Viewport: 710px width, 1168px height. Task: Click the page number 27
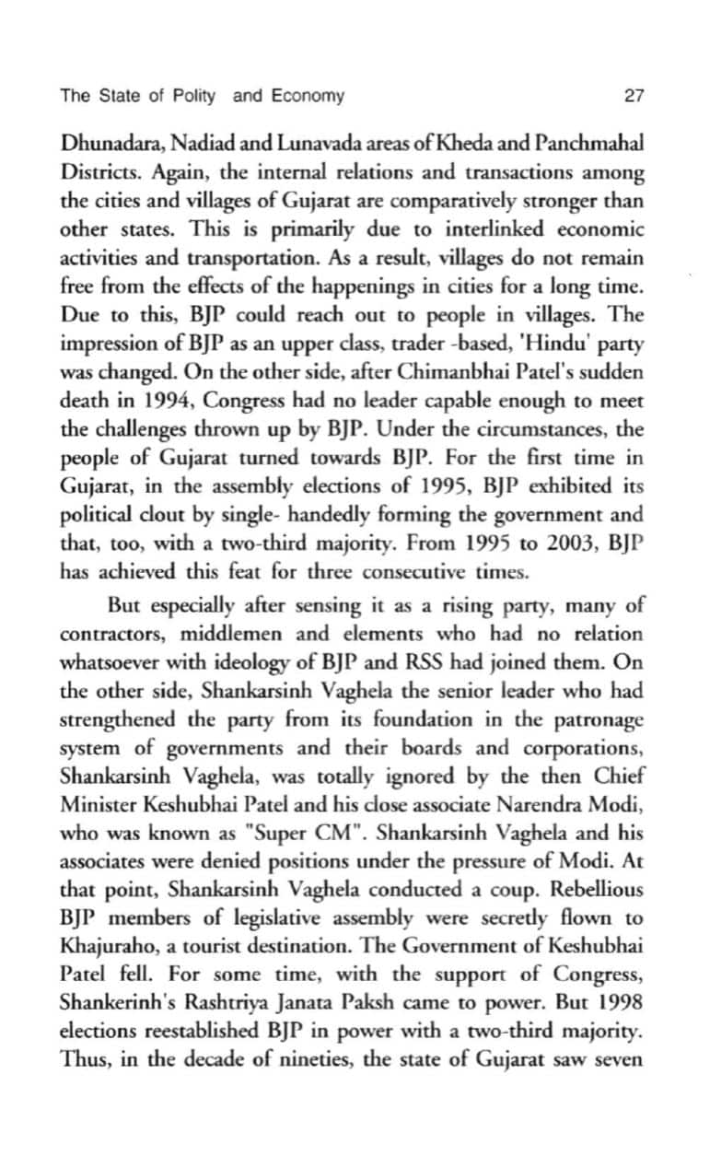click(633, 96)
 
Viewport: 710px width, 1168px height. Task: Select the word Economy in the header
click(308, 96)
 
